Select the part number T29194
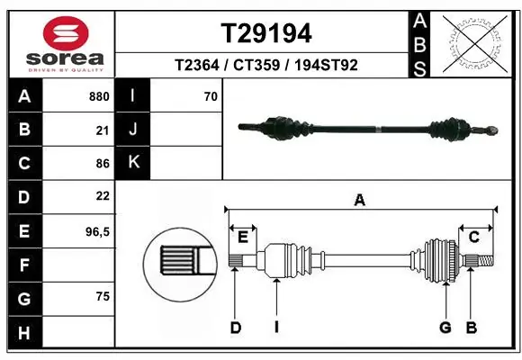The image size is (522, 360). (266, 33)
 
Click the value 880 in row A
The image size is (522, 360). (100, 95)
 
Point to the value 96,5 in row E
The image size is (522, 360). (97, 231)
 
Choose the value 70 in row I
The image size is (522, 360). (211, 95)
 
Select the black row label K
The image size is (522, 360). (133, 163)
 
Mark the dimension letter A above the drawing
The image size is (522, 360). (360, 201)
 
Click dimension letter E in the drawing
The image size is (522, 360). (243, 237)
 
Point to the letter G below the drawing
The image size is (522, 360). (445, 328)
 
